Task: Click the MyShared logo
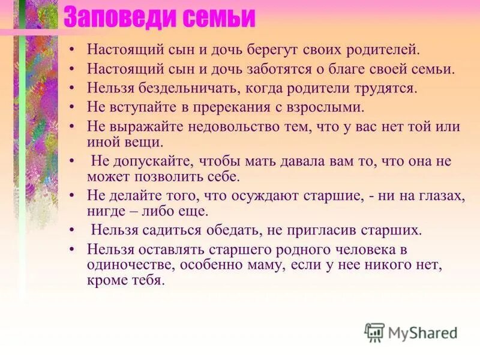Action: click(x=411, y=332)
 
